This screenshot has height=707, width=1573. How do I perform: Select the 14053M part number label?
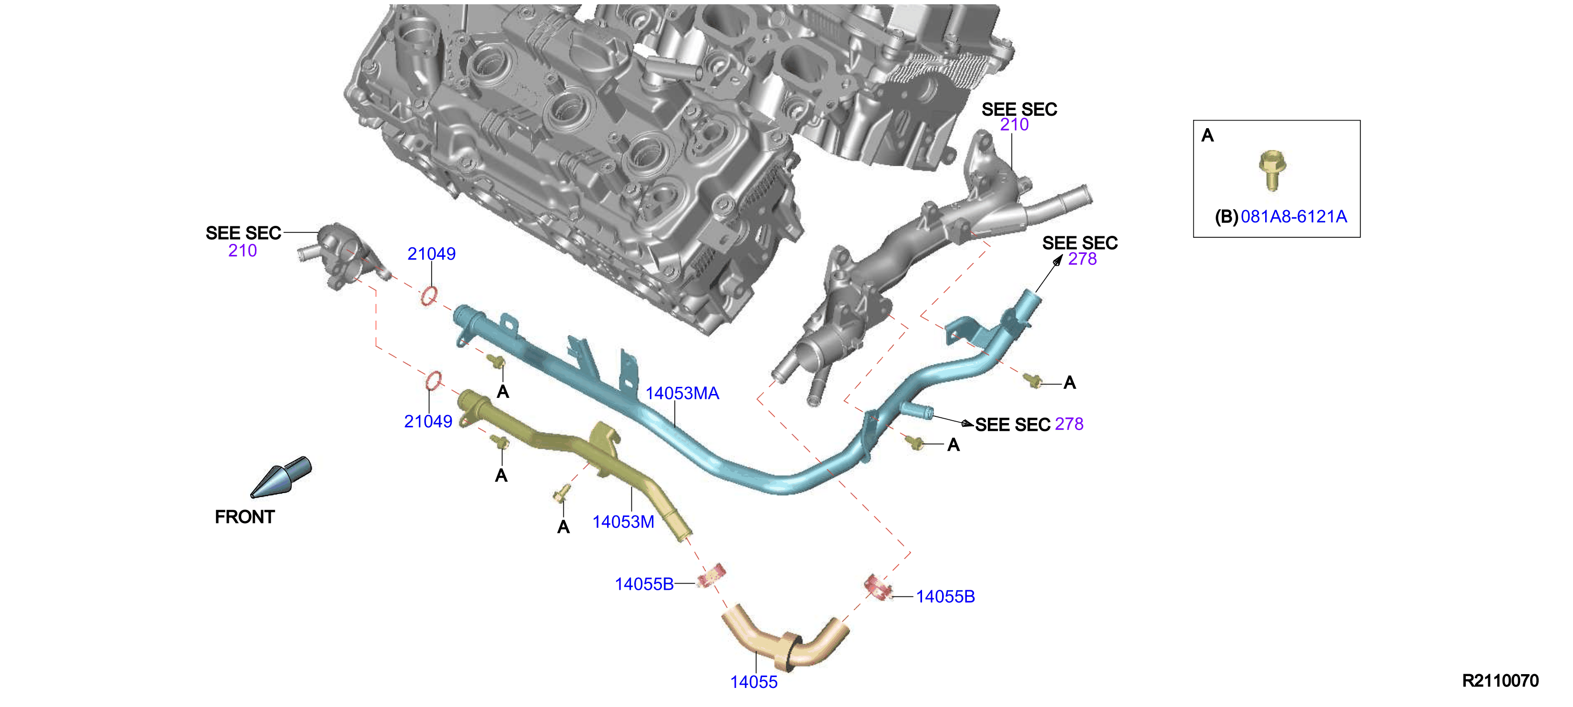(623, 522)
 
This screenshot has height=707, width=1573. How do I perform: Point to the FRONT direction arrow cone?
(281, 477)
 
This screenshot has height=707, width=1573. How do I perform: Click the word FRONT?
(244, 517)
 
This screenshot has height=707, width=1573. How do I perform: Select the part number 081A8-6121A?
(1293, 217)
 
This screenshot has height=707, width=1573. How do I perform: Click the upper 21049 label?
(431, 254)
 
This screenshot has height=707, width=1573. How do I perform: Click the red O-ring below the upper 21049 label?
(429, 295)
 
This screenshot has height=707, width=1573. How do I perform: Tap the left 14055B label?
(644, 584)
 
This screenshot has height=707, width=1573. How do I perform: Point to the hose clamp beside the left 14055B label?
(712, 576)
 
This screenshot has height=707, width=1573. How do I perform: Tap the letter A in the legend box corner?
(1207, 135)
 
